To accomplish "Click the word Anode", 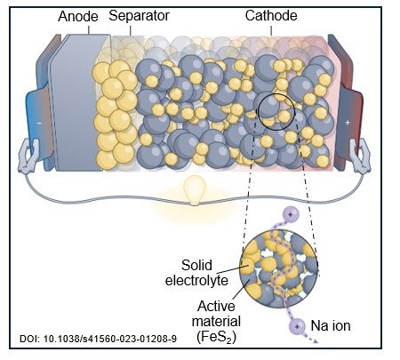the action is (x=78, y=16).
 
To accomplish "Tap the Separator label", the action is (x=139, y=16).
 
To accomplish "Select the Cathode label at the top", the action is (x=271, y=16).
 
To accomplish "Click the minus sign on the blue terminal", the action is (x=40, y=123).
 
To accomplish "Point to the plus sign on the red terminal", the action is (x=348, y=123).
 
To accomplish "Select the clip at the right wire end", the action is (x=360, y=156).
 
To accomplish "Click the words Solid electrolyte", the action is (x=196, y=273).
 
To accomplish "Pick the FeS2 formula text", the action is (x=216, y=337).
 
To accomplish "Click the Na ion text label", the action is (x=331, y=325).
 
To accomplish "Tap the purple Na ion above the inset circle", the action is (x=290, y=214).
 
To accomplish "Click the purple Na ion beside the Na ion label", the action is (x=297, y=326).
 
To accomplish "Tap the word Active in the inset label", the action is (x=216, y=306).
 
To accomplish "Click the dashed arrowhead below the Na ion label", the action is (x=315, y=341).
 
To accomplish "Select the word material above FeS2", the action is (x=216, y=322).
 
